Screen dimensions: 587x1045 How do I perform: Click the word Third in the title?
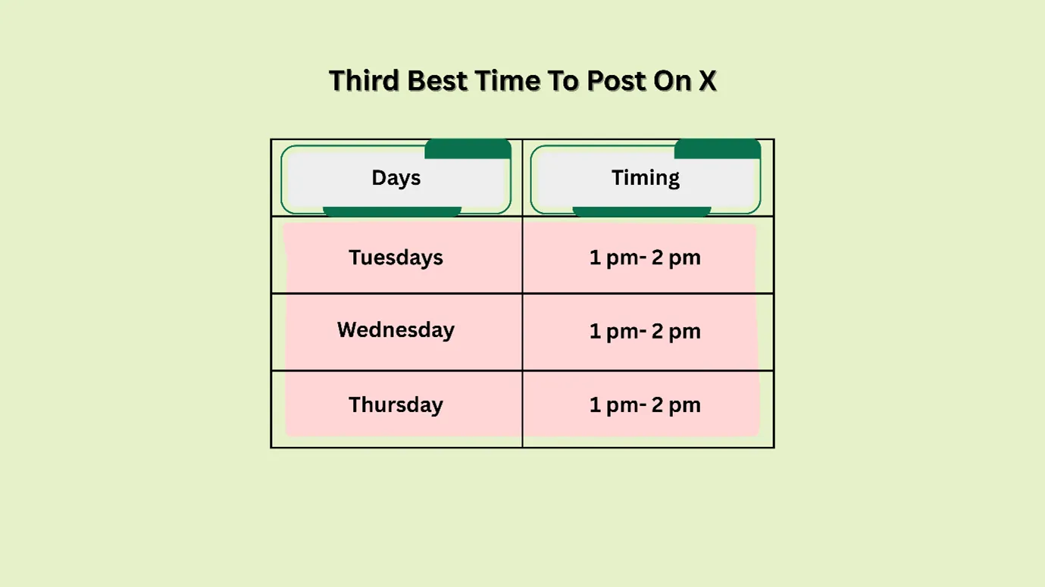(x=364, y=81)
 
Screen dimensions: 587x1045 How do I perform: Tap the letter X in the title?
(x=706, y=81)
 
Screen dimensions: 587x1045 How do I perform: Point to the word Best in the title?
(x=437, y=81)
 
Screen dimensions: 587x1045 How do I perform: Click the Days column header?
(x=396, y=178)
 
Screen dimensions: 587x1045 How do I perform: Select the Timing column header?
(x=645, y=178)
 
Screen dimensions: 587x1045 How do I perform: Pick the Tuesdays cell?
(x=396, y=258)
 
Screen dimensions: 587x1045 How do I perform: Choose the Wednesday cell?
(x=396, y=330)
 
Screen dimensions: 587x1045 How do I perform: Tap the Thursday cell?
(x=396, y=404)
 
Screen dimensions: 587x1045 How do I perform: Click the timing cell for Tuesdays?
(x=645, y=258)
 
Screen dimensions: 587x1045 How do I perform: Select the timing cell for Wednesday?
(x=645, y=331)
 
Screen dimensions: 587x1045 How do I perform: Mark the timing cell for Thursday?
(x=645, y=404)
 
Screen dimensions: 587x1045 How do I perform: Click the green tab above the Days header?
(x=468, y=149)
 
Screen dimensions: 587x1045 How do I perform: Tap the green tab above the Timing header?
(x=717, y=149)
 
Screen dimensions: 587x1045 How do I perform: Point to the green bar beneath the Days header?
(x=392, y=211)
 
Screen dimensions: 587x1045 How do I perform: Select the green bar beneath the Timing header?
(x=641, y=211)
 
